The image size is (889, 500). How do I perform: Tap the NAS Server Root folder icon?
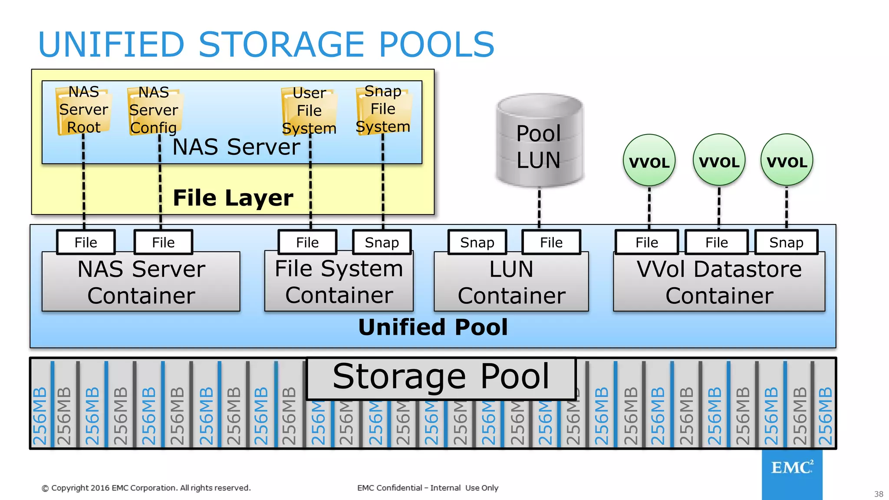[83, 110]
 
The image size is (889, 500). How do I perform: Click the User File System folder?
[309, 111]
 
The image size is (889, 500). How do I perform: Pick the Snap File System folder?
[383, 109]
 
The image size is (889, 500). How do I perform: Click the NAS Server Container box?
[141, 282]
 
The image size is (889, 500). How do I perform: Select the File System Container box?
[339, 282]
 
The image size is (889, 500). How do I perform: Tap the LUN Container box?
[511, 282]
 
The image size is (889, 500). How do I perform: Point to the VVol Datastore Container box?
[719, 282]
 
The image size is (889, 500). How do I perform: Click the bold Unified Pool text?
[433, 327]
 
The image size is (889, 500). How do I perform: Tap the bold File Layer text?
[233, 198]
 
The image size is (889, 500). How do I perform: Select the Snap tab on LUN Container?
[477, 242]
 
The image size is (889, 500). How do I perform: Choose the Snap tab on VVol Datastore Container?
[786, 242]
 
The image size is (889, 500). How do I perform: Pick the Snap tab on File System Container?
[382, 242]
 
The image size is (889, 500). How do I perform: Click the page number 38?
[879, 494]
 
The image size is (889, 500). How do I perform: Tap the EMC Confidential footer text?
[428, 488]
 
